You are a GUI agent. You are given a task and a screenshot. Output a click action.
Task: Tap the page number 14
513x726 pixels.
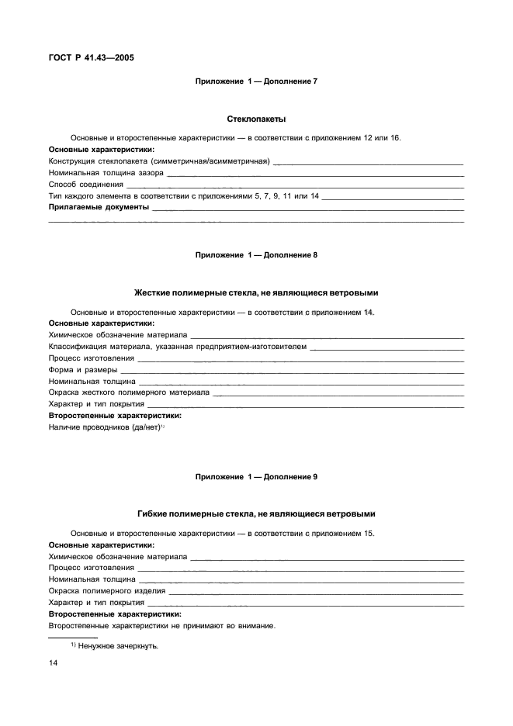pyautogui.click(x=54, y=663)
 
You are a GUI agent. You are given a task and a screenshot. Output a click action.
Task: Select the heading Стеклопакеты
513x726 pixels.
pyautogui.click(x=256, y=119)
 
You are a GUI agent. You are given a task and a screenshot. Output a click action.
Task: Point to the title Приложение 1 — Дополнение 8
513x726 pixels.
pyautogui.click(x=256, y=254)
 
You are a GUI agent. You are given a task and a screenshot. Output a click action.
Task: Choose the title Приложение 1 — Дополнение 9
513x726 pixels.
pyautogui.click(x=256, y=475)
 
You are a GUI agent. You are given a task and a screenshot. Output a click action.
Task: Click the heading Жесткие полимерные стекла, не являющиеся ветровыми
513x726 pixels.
pyautogui.click(x=256, y=292)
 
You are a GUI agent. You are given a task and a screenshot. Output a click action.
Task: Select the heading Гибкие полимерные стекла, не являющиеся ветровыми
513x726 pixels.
pyautogui.click(x=256, y=513)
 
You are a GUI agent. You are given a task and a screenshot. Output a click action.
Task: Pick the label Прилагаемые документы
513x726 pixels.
pyautogui.click(x=99, y=208)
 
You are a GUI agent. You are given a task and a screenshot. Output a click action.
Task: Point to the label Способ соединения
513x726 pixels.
pyautogui.click(x=86, y=185)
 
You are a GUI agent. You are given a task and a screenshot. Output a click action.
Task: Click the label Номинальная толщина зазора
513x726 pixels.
pyautogui.click(x=106, y=173)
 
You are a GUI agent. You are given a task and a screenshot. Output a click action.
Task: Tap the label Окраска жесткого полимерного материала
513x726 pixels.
pyautogui.click(x=129, y=392)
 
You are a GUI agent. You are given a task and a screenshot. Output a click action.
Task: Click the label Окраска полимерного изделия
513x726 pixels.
pyautogui.click(x=107, y=590)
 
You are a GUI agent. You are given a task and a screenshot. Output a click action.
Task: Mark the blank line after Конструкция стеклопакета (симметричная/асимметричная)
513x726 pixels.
pyautogui.click(x=369, y=162)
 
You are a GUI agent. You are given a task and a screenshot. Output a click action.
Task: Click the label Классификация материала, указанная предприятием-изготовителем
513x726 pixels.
pyautogui.click(x=177, y=346)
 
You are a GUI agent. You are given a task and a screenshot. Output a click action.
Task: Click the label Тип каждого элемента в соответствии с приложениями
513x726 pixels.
pyautogui.click(x=183, y=196)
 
